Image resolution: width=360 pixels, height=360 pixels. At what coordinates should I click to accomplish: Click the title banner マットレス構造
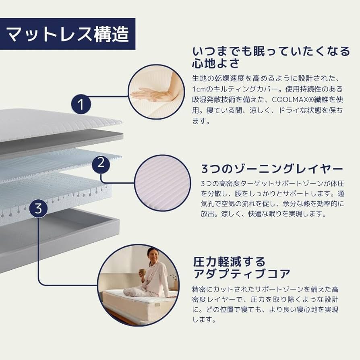[68, 34]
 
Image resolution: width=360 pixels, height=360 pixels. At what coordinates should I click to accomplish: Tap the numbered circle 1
[81, 104]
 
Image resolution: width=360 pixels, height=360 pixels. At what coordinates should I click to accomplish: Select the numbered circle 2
[101, 164]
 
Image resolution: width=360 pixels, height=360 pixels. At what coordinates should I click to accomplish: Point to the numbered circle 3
[38, 209]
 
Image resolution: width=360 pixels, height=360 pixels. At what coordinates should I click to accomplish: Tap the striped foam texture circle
[162, 183]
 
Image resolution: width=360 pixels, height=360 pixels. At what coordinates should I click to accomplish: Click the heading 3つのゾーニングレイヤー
[272, 169]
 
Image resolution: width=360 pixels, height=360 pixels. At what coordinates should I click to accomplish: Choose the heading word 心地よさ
[216, 63]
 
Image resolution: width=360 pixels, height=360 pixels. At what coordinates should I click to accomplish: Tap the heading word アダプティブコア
[242, 273]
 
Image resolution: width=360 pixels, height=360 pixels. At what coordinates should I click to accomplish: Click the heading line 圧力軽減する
[229, 261]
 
